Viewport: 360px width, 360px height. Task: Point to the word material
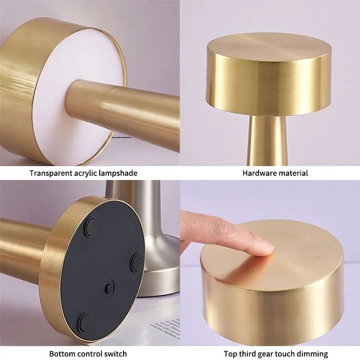(x=293, y=173)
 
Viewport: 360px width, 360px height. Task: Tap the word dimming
(x=312, y=354)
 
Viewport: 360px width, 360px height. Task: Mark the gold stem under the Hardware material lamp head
(x=269, y=141)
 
